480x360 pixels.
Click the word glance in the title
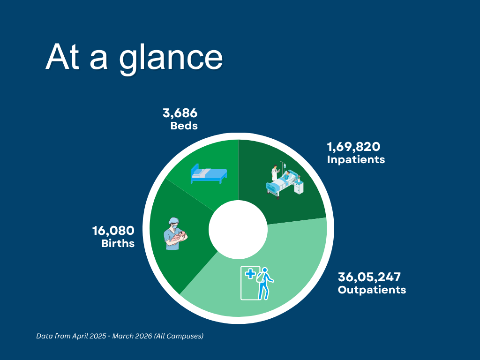[171, 58]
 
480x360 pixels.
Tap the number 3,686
[180, 113]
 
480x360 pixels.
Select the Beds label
[184, 126]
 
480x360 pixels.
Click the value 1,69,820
[353, 147]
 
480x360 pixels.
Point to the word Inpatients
[356, 159]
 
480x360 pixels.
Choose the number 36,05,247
[369, 277]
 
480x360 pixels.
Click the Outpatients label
[372, 290]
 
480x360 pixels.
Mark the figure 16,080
[113, 231]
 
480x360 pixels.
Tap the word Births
[118, 243]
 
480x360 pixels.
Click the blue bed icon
[209, 173]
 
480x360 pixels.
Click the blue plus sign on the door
[250, 274]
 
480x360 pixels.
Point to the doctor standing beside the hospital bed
[275, 173]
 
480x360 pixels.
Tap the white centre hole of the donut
[238, 229]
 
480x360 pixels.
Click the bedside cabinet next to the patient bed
[299, 187]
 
